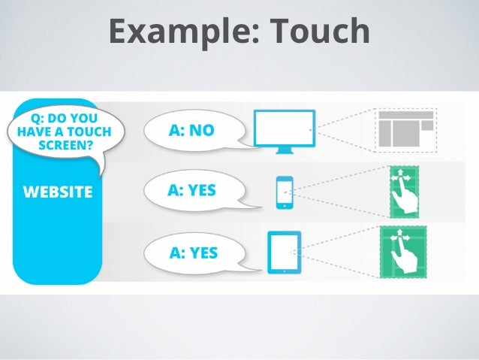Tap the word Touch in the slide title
(324, 32)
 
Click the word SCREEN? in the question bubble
(59, 145)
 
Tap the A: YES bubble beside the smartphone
(193, 191)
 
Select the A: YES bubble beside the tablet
(194, 252)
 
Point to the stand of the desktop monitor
(285, 150)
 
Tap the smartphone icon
(285, 192)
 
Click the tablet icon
(284, 251)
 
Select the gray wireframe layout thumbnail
(405, 129)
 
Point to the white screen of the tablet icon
(284, 250)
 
